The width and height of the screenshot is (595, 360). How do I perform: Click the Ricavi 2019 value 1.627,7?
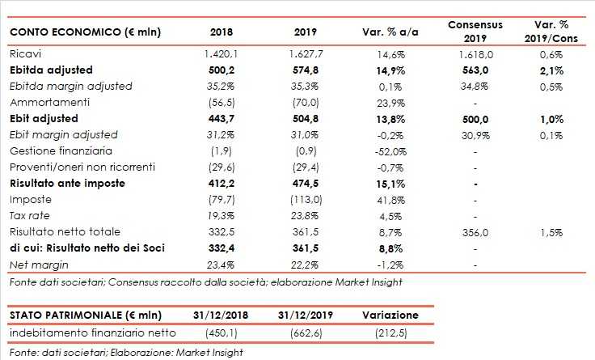305,53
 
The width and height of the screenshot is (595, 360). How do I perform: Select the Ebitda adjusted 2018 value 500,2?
221,70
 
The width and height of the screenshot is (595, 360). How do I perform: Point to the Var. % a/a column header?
387,32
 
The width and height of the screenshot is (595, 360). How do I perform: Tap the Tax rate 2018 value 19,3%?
221,215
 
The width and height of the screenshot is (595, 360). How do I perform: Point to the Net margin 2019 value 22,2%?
305,264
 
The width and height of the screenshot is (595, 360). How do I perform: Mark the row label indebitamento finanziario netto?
87,332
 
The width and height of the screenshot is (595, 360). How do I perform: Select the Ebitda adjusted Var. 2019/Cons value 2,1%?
553,70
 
